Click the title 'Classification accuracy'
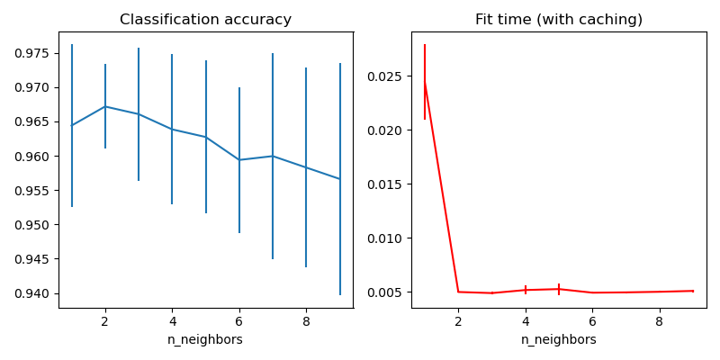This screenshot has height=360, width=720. click(205, 20)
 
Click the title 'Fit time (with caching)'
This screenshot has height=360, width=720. click(559, 20)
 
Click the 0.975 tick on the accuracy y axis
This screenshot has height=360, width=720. click(32, 53)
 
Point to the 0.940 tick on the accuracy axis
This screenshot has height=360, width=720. click(32, 293)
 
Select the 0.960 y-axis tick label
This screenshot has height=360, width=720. click(32, 157)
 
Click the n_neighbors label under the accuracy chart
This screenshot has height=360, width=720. click(205, 339)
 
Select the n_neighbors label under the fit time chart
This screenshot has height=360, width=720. click(559, 339)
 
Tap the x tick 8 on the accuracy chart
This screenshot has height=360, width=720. click(306, 319)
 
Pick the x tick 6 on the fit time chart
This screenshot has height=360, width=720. click(592, 319)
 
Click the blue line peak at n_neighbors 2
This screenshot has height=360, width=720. click(105, 106)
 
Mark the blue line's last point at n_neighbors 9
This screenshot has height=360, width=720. click(339, 179)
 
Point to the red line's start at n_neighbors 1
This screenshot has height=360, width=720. click(425, 83)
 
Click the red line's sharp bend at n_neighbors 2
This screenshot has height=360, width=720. click(458, 292)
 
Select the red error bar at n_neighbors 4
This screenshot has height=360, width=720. click(526, 290)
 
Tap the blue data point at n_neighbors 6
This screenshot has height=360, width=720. click(239, 160)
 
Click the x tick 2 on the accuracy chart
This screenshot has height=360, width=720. click(105, 319)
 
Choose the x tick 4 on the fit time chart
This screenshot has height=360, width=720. click(526, 319)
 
